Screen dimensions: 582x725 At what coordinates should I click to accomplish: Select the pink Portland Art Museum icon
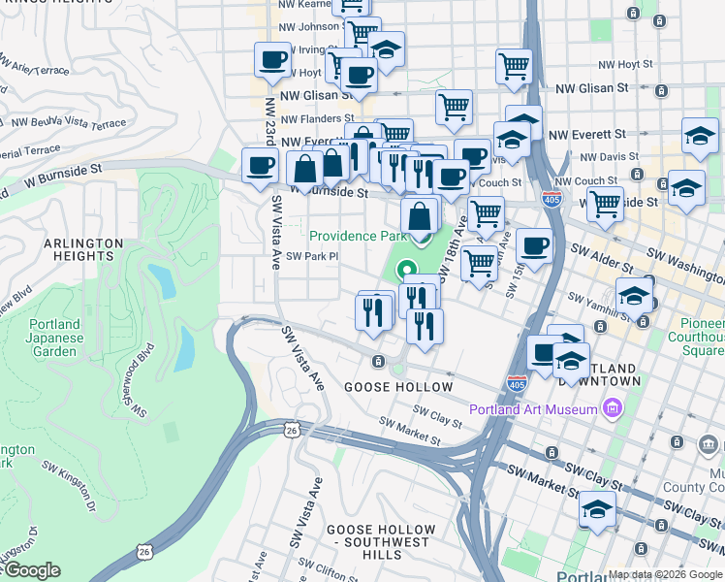tap(612, 409)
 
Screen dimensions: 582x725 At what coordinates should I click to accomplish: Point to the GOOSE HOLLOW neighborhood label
tap(398, 387)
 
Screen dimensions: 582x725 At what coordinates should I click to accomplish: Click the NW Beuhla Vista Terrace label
tap(68, 124)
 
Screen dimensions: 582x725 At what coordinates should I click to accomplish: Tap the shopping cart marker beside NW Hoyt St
tap(514, 66)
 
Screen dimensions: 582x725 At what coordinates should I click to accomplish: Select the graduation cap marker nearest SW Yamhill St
tap(634, 293)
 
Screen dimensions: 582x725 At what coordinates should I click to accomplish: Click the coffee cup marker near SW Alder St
tap(533, 246)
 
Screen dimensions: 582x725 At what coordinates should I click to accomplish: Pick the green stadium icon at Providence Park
tap(406, 272)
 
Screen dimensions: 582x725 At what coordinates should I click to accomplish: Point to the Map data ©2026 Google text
tap(665, 574)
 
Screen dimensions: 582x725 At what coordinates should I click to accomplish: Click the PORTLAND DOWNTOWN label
tap(611, 375)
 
